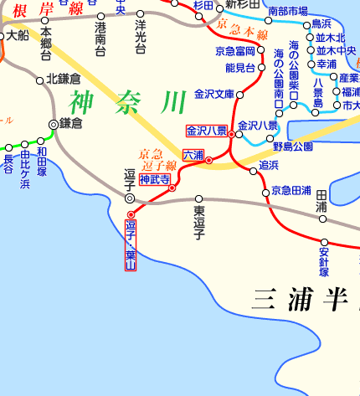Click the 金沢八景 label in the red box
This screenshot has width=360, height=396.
click(x=206, y=131)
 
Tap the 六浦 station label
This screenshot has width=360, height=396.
click(x=193, y=155)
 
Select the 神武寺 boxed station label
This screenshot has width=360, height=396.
click(x=155, y=179)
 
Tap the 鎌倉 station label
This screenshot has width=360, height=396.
click(x=71, y=123)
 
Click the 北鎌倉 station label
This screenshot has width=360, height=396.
click(x=64, y=79)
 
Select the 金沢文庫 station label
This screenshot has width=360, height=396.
click(x=213, y=94)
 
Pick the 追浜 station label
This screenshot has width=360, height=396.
click(x=269, y=165)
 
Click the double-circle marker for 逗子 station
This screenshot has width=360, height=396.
click(x=130, y=198)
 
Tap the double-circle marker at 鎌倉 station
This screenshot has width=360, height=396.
click(x=54, y=124)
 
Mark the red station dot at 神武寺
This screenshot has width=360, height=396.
click(x=172, y=188)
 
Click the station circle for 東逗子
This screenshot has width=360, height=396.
click(x=199, y=200)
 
